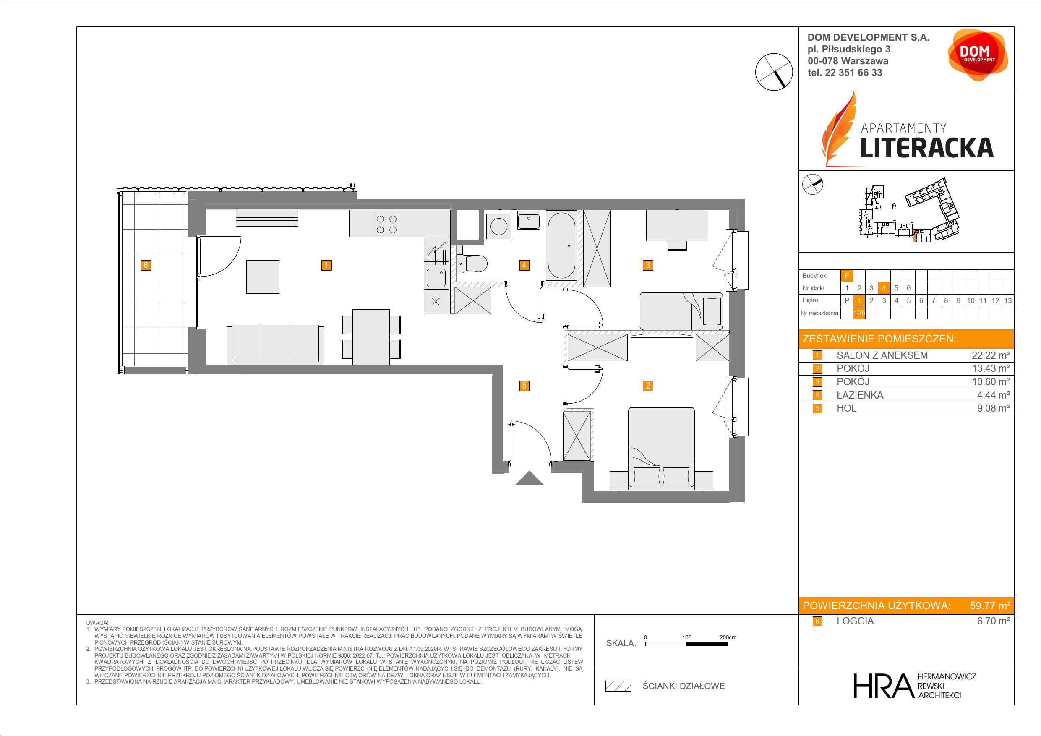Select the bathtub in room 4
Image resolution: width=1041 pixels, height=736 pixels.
click(561, 245)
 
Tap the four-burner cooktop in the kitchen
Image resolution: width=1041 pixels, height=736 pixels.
click(386, 224)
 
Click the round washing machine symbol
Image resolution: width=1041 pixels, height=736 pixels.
click(498, 226)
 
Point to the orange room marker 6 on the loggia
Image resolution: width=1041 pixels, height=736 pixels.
click(146, 265)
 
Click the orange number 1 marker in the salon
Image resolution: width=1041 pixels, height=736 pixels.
click(326, 265)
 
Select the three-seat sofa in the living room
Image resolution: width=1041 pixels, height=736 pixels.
click(275, 345)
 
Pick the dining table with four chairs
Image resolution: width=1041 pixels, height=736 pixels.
click(371, 337)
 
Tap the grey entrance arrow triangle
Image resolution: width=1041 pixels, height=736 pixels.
click(529, 478)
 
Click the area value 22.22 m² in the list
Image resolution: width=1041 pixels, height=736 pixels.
click(991, 355)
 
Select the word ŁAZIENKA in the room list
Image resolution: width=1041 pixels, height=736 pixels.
click(860, 395)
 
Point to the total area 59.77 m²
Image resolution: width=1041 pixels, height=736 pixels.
click(990, 606)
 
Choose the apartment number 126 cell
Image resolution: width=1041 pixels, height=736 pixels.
click(859, 313)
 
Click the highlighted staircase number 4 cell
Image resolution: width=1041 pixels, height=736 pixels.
click(884, 288)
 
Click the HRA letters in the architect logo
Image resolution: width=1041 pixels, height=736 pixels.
click(883, 686)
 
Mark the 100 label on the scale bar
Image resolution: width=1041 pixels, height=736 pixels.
click(687, 637)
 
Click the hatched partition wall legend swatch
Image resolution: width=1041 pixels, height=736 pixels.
click(618, 686)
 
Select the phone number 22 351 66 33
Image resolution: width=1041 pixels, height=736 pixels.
click(853, 73)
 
